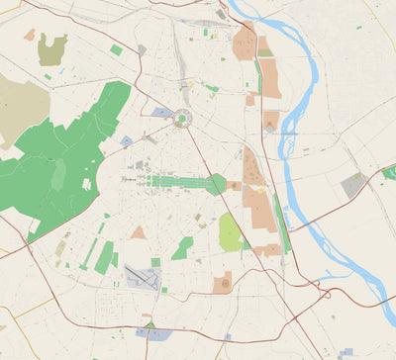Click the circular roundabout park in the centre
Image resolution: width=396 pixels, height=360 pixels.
(181, 121)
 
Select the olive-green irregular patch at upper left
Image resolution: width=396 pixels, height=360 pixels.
(53, 49)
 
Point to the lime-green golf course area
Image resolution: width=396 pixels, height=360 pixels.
(230, 233)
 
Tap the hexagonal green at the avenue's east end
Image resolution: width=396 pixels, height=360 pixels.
(216, 183)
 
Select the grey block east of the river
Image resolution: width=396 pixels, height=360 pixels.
(352, 184)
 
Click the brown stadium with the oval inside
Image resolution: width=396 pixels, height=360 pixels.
(224, 283)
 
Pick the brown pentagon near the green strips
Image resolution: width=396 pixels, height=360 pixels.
(139, 233)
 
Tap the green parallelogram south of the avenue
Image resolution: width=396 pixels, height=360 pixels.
(182, 248)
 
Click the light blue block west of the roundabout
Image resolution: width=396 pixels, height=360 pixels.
(162, 113)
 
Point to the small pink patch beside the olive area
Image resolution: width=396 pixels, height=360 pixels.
(30, 35)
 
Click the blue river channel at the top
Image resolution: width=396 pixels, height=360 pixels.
(259, 12)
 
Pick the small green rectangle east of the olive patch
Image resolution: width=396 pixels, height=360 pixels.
(116, 49)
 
